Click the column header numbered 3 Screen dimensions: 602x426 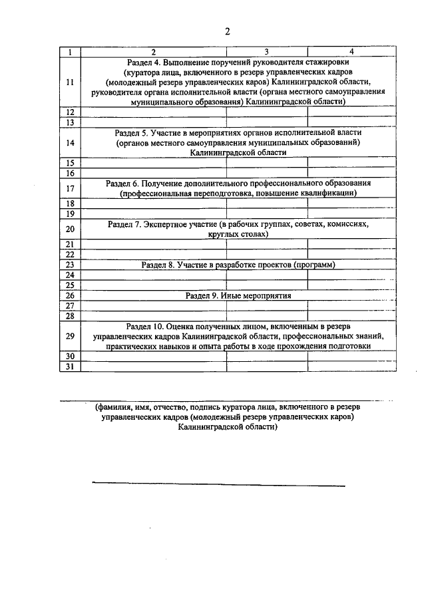pyautogui.click(x=266, y=51)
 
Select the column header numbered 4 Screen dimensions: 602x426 pyautogui.click(x=351, y=51)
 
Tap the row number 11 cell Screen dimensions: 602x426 pyautogui.click(x=70, y=82)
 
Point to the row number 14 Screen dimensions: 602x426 pyautogui.click(x=70, y=142)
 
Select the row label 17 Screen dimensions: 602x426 pyautogui.click(x=70, y=188)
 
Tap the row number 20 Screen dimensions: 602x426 pyautogui.click(x=70, y=229)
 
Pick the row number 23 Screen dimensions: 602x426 pyautogui.click(x=70, y=264)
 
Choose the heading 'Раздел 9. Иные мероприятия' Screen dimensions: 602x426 pyautogui.click(x=238, y=295)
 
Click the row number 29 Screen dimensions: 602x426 pyautogui.click(x=70, y=336)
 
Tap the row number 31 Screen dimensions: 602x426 pyautogui.click(x=70, y=367)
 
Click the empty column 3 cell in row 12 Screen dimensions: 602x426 pyautogui.click(x=266, y=112)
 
